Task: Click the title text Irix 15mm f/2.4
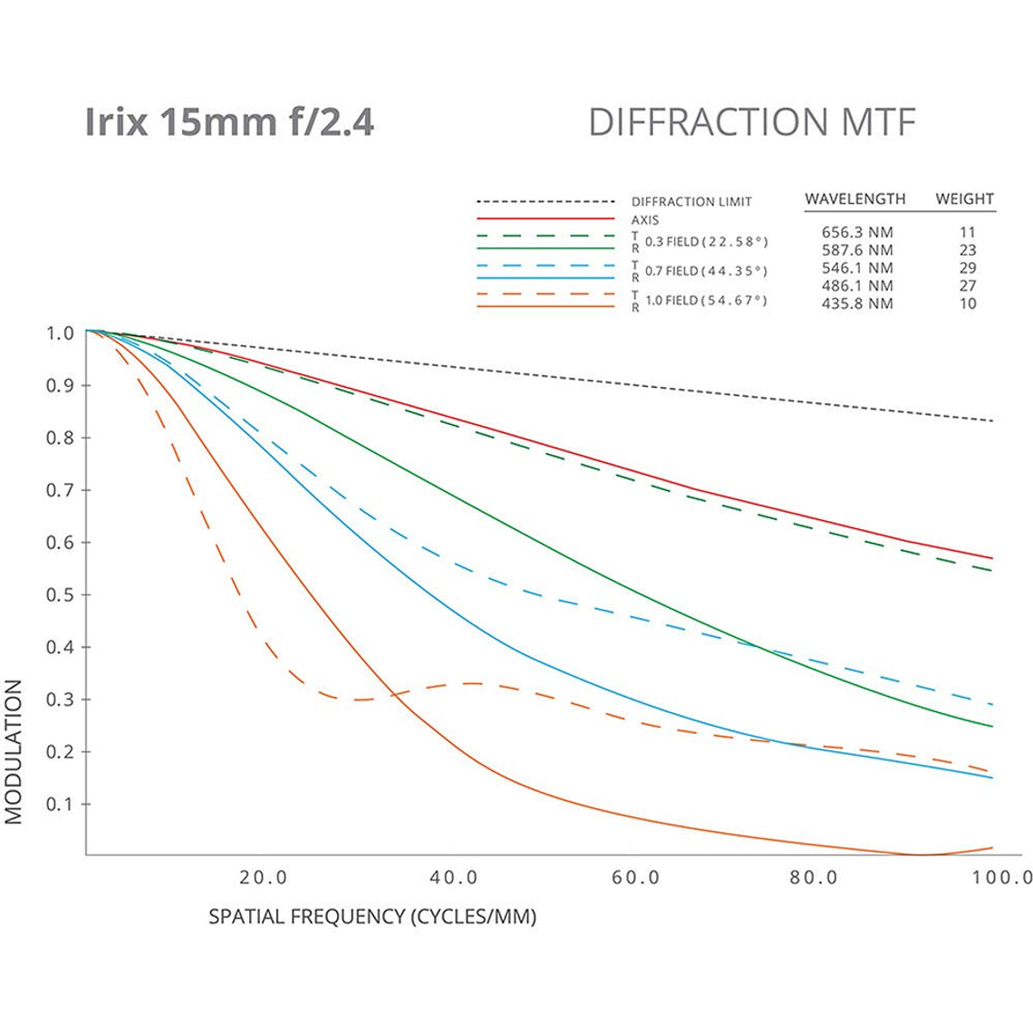tap(229, 122)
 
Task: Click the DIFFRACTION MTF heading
tap(751, 122)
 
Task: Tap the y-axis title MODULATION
tap(14, 752)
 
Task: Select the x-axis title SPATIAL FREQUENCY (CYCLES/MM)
tap(372, 916)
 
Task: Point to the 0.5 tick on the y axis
tap(60, 594)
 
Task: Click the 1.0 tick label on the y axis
tap(60, 333)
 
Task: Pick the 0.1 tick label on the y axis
tap(60, 804)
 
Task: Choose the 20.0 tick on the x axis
tap(264, 877)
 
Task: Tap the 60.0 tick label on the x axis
tap(636, 877)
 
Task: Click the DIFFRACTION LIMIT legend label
tap(691, 202)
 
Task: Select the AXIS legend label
tap(645, 220)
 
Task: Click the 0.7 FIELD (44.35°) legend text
tap(706, 271)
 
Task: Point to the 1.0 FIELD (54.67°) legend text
tap(706, 300)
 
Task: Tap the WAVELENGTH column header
tap(854, 198)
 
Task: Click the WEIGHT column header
tap(964, 198)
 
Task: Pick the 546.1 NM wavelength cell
tap(856, 268)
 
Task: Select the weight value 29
tap(968, 268)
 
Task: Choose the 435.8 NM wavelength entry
tap(856, 304)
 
